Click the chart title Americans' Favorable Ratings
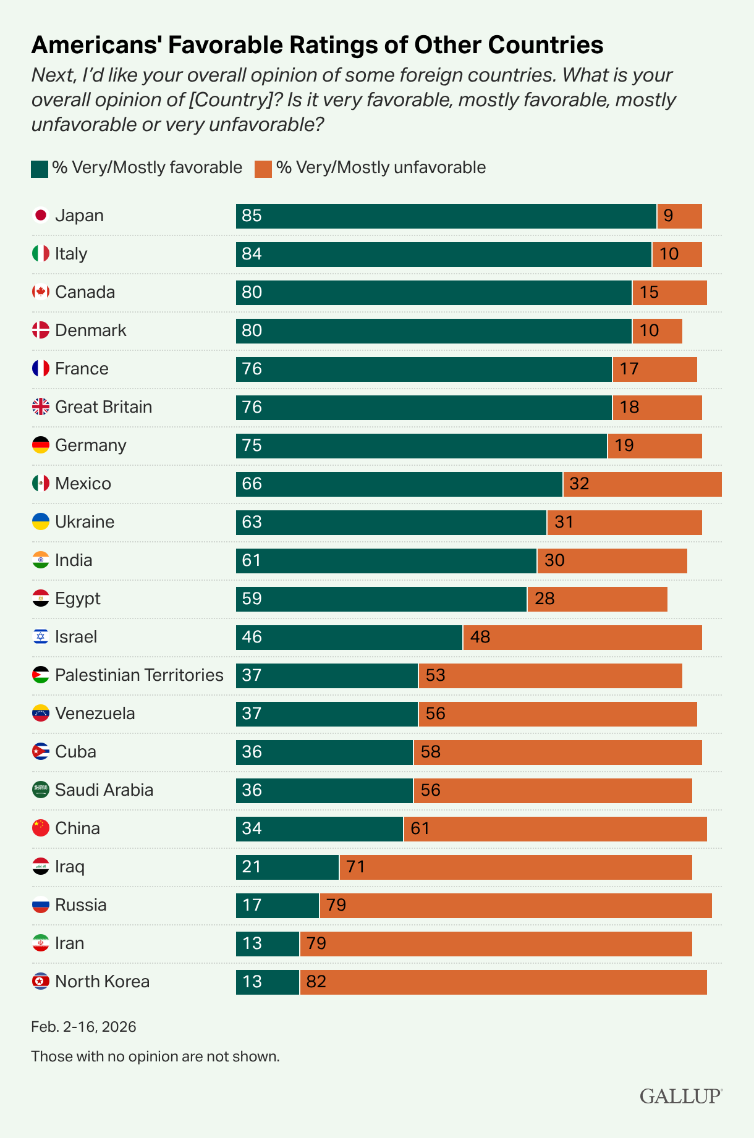317,45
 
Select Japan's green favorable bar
446,216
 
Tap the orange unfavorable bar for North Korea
503,982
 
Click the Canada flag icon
41,292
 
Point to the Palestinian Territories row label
139,675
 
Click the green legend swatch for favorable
39,169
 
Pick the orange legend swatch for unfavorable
263,169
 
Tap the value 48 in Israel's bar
480,637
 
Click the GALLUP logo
680,1096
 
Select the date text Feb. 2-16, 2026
83,1027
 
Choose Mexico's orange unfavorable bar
642,484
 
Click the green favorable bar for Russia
277,906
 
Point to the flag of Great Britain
41,407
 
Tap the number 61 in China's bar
420,828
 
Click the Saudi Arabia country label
104,790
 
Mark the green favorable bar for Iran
268,944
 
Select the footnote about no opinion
155,1056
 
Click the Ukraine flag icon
41,521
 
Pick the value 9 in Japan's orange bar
668,216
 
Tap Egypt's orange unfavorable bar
597,599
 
